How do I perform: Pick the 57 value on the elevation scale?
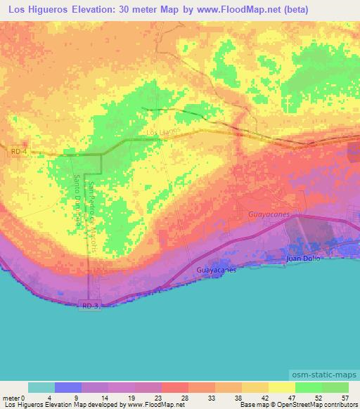(345, 397)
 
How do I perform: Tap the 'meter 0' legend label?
(14, 397)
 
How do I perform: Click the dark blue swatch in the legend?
(68, 387)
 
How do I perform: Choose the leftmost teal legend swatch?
(41, 387)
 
